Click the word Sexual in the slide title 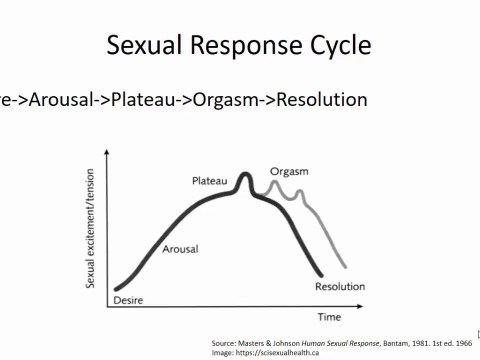click(x=146, y=46)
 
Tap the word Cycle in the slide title click(x=337, y=46)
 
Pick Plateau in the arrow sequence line click(x=146, y=100)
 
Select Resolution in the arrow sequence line click(x=321, y=100)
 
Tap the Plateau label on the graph click(x=210, y=180)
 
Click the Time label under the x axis click(x=330, y=316)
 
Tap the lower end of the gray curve click(x=345, y=266)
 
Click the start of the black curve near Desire click(x=117, y=289)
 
